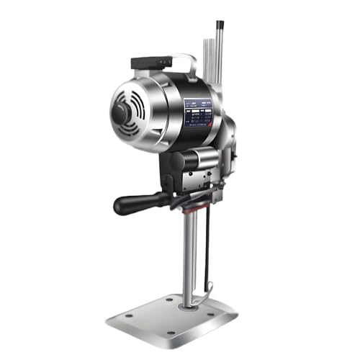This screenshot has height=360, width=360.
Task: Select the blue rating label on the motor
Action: (199, 113)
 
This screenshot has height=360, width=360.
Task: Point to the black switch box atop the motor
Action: (153, 63)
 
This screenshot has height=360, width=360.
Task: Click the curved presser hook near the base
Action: (209, 292)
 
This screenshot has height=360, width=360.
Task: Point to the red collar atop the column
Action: (189, 210)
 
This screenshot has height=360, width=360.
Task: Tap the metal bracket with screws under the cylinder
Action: (195, 181)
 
